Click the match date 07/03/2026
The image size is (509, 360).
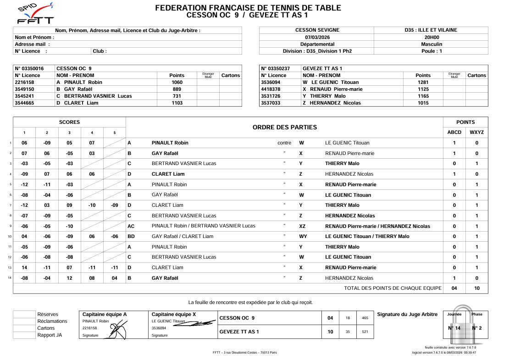[x=317, y=37]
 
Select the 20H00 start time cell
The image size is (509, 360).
[x=431, y=37]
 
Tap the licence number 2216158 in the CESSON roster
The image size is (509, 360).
[x=24, y=82]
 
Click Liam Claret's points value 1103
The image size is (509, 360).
[x=177, y=103]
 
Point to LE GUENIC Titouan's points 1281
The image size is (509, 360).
[x=422, y=82]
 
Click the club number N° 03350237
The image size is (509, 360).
[x=276, y=68]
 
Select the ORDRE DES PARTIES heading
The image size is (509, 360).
[x=284, y=127]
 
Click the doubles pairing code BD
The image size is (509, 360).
[x=131, y=236]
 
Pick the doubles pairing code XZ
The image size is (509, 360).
[x=302, y=226]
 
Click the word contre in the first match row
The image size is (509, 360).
[x=284, y=143]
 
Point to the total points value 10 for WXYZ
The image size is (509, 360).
[x=476, y=288]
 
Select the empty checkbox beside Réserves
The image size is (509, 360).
[x=24, y=314]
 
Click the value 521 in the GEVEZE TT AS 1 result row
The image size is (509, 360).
[x=365, y=331]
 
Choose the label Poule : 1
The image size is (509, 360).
[x=431, y=51]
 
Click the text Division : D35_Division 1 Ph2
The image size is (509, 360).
[x=317, y=51]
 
